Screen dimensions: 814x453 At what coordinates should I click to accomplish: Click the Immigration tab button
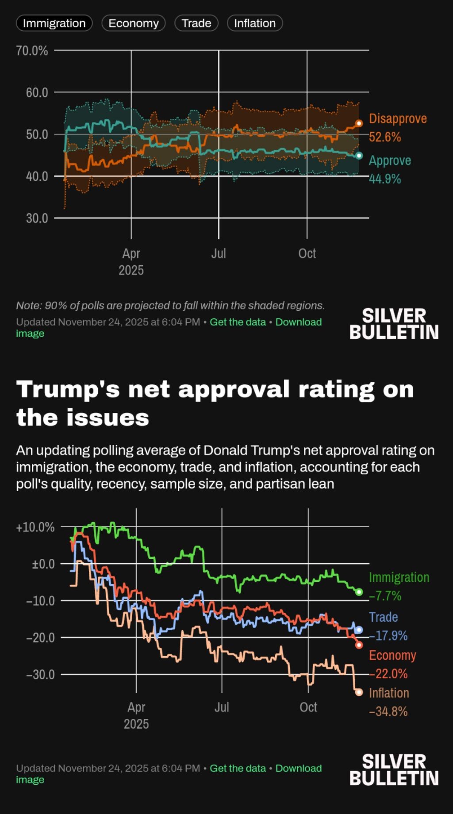point(54,23)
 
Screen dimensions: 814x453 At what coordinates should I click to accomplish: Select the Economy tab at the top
point(133,23)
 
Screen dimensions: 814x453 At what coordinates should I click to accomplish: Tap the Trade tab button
point(196,23)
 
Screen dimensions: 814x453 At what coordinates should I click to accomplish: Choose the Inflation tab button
point(254,23)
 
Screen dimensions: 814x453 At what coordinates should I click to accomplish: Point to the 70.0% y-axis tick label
point(32,51)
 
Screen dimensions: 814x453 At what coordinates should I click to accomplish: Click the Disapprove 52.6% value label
point(385,137)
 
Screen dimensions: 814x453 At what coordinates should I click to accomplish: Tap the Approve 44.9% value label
point(385,179)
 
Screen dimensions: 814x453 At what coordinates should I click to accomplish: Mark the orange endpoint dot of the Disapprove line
point(359,123)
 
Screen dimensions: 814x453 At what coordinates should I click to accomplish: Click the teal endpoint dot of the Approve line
point(359,156)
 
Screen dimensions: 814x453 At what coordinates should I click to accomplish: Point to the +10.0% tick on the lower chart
point(35,527)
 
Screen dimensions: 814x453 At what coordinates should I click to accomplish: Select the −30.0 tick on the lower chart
point(40,675)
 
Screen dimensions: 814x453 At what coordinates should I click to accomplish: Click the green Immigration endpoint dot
point(359,592)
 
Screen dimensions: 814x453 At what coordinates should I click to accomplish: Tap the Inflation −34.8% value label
point(388,712)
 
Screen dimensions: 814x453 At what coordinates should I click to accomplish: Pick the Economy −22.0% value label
point(388,674)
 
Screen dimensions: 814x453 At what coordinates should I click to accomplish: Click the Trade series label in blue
point(383,617)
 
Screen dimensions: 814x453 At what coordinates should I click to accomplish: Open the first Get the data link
point(238,322)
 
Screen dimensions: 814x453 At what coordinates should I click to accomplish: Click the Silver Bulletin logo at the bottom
point(394,770)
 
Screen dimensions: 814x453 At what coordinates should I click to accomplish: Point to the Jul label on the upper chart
point(219,253)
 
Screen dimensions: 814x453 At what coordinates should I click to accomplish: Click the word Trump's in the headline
point(68,390)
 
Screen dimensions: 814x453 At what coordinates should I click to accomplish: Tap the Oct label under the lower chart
point(308,707)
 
